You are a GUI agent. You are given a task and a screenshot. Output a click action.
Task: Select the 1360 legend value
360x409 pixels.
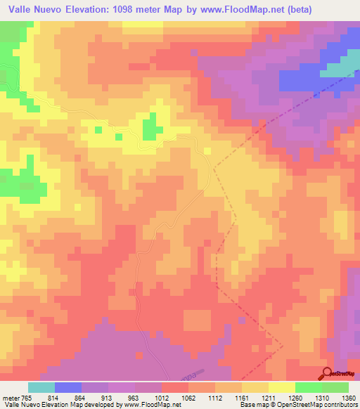348,399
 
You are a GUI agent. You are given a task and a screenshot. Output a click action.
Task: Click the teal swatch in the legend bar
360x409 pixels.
41,388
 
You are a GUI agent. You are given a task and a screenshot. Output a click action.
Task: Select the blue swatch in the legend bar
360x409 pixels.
68,388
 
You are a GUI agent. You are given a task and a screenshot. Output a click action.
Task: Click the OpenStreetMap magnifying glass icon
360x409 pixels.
328,374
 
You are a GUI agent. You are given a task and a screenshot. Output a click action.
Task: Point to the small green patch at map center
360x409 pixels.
150,129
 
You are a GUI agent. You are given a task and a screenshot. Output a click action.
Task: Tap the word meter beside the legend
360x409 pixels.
11,399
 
